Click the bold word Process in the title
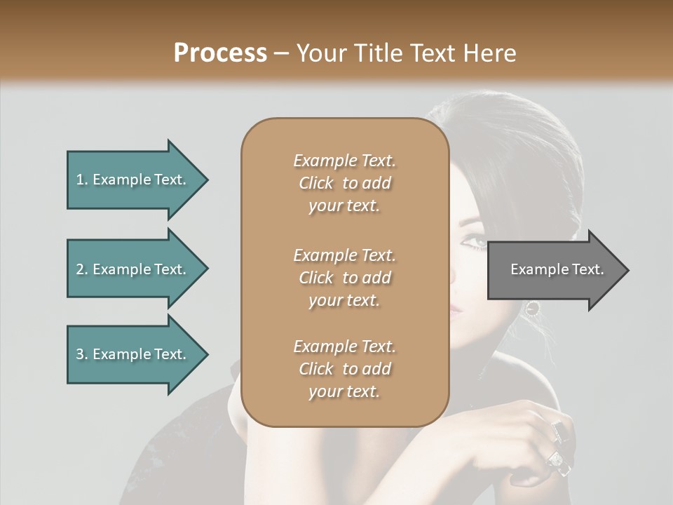220,53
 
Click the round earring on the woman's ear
533,307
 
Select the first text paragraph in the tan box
344,183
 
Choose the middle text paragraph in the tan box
344,278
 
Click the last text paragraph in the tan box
344,369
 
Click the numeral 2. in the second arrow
82,269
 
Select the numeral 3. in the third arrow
82,354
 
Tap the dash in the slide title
282,54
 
